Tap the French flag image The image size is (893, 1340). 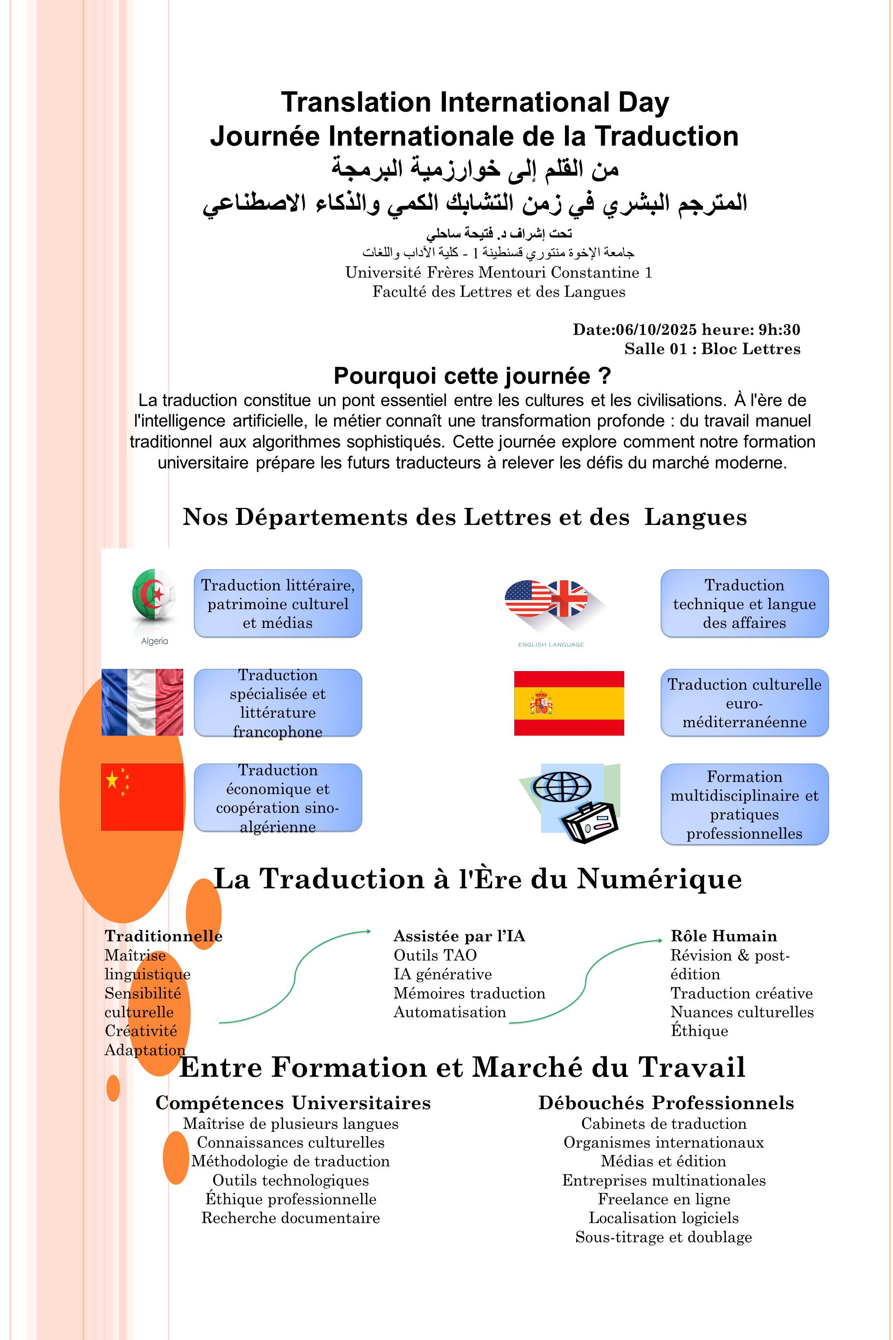(142, 702)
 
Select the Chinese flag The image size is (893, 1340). (142, 797)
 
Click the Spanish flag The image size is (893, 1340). (569, 703)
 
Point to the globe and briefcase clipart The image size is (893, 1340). (569, 802)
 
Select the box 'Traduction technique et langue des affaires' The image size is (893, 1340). (744, 603)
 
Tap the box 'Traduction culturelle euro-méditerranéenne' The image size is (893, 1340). (744, 703)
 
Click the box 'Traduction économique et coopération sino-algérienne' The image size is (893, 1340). (278, 797)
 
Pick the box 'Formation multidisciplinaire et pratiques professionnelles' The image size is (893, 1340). (744, 805)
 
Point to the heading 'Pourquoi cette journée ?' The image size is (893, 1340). (472, 376)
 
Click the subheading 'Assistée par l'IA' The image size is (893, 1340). (459, 936)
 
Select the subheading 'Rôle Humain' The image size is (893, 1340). (723, 936)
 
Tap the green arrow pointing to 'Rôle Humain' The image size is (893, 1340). (587, 980)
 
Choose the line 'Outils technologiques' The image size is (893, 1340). (291, 1181)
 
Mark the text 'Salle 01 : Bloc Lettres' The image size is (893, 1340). (712, 349)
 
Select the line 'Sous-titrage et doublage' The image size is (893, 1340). (664, 1237)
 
